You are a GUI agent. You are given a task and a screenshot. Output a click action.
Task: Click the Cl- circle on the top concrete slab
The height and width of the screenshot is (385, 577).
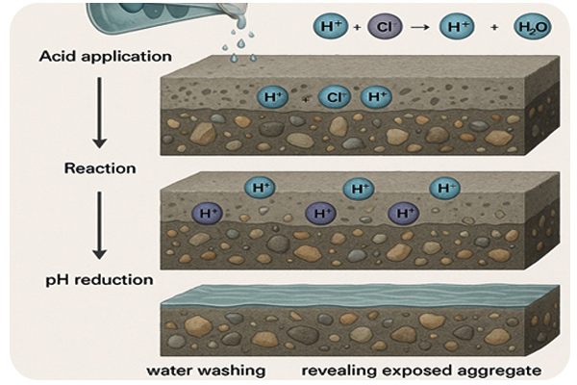pyautogui.click(x=334, y=97)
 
